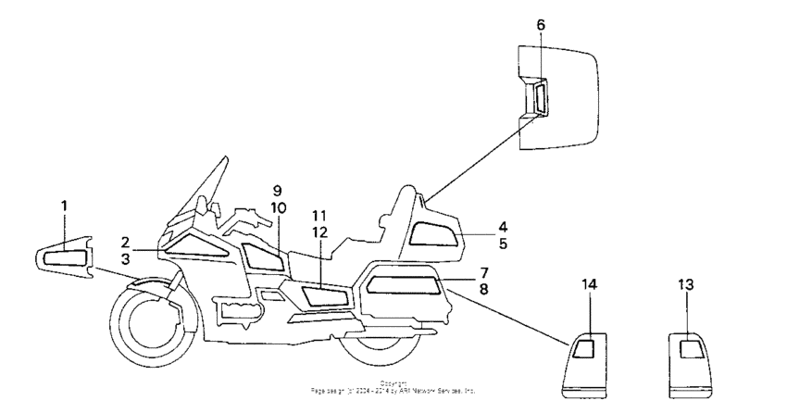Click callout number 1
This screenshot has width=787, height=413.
[65, 204]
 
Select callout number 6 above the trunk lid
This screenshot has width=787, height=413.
[542, 25]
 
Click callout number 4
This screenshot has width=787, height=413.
[476, 226]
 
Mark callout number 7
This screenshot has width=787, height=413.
[482, 274]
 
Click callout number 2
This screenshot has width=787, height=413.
[125, 242]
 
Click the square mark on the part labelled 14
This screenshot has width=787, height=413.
[584, 347]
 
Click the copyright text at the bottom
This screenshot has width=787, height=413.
[393, 389]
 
